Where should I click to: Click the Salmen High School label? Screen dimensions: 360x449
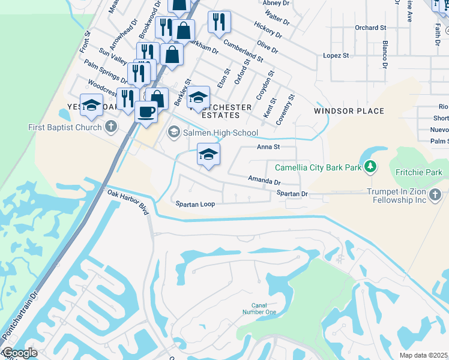[220, 133]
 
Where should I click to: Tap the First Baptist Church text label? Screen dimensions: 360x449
[64, 127]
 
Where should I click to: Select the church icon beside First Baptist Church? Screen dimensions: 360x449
[110, 127]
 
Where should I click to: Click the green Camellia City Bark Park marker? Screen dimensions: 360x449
[371, 167]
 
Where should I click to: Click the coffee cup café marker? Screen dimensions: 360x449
[145, 111]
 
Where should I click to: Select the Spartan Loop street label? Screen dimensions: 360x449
[195, 204]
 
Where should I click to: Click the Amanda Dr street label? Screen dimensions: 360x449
[265, 180]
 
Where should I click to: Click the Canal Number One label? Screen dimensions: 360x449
[259, 308]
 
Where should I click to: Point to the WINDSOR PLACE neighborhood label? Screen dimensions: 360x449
[349, 111]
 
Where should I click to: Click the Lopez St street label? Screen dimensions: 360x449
[336, 55]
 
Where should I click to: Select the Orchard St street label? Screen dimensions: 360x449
[370, 28]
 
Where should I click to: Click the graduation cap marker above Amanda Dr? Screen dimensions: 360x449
[208, 154]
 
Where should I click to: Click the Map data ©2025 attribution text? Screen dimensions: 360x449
[423, 355]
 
